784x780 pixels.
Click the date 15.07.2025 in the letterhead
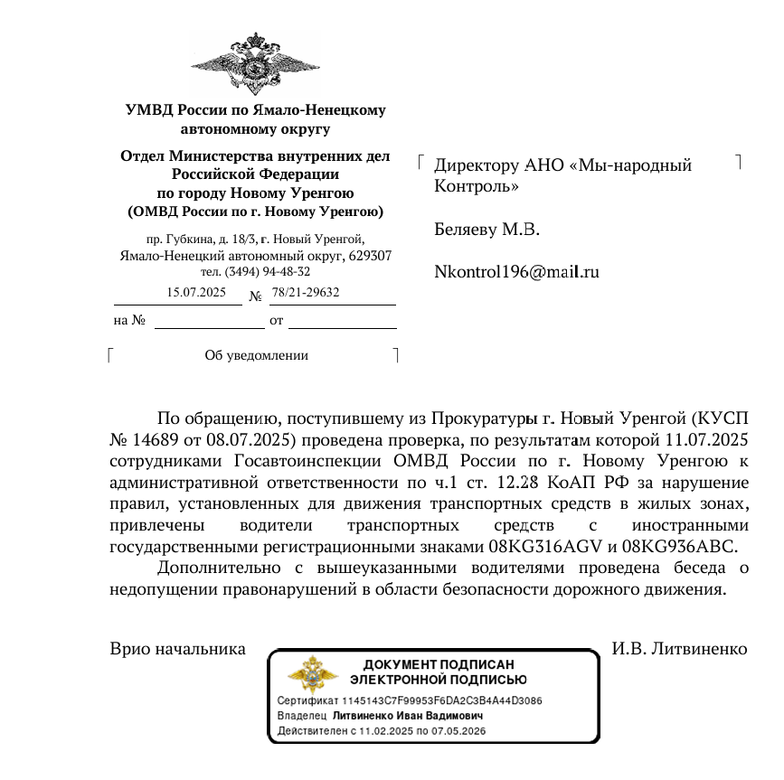(196, 292)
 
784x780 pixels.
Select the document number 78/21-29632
(306, 292)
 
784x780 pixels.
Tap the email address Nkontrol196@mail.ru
(517, 271)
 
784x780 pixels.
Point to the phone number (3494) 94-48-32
(269, 271)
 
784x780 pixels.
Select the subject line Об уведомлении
(257, 355)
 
